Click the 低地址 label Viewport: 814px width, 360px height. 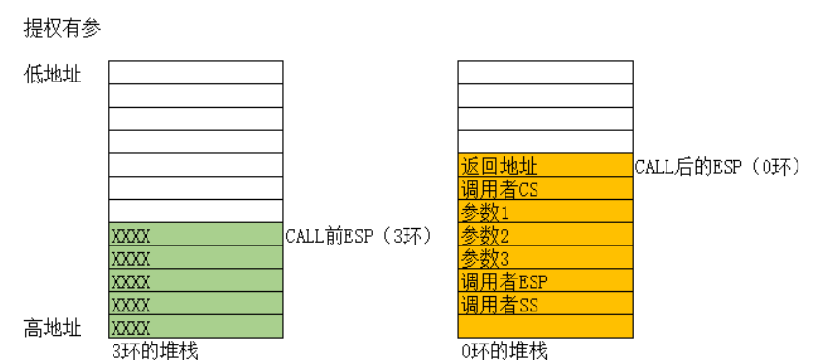52,75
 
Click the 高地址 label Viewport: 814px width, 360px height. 52,329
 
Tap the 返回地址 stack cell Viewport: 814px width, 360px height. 545,166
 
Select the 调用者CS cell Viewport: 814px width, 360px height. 545,189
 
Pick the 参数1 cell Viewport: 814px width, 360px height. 545,212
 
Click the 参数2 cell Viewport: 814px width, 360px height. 545,235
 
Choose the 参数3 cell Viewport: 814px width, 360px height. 545,258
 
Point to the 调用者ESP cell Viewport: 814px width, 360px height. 545,281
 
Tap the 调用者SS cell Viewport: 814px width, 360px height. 545,305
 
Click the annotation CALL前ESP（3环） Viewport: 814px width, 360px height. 358,235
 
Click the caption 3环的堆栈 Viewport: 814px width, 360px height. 154,349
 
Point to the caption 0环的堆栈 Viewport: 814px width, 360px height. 504,349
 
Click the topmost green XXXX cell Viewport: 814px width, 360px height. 196,235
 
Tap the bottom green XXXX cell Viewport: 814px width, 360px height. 196,327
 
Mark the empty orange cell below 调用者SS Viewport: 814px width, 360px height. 545,327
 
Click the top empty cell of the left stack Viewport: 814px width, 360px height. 196,73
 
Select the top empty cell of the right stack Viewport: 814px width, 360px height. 545,73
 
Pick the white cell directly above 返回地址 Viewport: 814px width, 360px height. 545,143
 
